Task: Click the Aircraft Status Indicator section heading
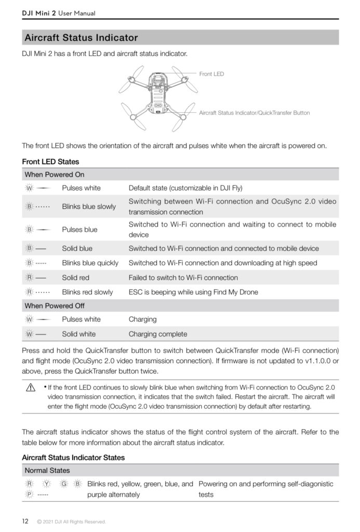pos(82,37)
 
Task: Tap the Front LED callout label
pos(211,74)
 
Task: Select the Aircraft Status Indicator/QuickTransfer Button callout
pos(254,113)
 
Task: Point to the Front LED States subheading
pos(50,162)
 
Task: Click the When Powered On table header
pos(54,175)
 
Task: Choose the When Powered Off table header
pos(55,305)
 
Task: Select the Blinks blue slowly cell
pos(89,207)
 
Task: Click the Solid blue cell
pos(77,248)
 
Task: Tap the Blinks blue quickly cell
pos(90,263)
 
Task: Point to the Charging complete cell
pos(157,334)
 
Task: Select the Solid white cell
pos(78,334)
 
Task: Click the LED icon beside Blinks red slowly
pos(30,292)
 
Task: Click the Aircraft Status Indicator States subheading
pos(73,458)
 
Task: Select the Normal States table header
pos(47,471)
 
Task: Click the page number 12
pos(25,521)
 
